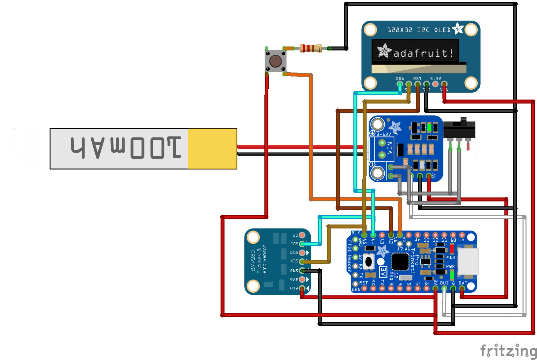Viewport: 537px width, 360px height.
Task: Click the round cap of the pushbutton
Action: click(275, 61)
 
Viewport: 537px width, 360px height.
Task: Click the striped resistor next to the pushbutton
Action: click(310, 48)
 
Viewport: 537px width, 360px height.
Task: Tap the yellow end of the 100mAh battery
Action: click(212, 149)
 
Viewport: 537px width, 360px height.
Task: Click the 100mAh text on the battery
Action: click(126, 148)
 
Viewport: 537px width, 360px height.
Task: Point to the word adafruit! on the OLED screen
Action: click(423, 53)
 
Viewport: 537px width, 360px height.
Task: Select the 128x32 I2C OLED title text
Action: click(419, 30)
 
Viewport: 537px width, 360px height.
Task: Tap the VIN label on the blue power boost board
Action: click(390, 148)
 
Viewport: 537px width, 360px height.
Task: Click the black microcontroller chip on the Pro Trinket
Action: click(400, 261)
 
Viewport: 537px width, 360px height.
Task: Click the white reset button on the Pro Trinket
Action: click(369, 261)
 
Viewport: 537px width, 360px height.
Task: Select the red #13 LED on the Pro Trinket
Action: click(452, 249)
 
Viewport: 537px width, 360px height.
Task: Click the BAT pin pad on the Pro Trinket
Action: click(462, 288)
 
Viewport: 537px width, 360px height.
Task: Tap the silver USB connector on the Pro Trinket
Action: click(468, 261)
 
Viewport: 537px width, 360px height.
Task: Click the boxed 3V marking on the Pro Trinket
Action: click(383, 272)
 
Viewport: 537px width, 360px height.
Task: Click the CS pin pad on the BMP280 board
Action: click(302, 235)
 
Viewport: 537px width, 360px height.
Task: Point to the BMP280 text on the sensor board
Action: click(253, 261)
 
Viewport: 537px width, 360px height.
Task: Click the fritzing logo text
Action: click(508, 351)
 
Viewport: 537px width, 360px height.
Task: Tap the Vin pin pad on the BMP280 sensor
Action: click(302, 288)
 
